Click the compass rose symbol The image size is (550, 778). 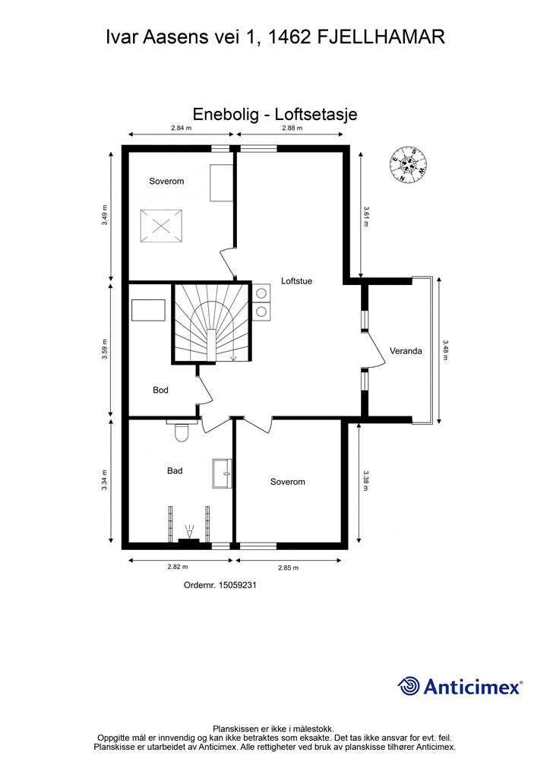point(408,165)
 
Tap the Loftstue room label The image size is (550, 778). point(296,280)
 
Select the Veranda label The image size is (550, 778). point(405,351)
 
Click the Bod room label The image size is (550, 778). point(160,390)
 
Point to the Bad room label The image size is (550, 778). point(175,470)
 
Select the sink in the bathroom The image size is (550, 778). point(223,475)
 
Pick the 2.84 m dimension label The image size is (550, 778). point(181,128)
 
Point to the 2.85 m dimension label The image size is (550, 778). point(288,567)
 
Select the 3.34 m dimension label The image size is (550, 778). point(106,480)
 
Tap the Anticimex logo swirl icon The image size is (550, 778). point(409,686)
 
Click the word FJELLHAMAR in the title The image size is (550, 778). point(380,37)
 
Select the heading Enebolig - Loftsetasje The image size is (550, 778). point(274,114)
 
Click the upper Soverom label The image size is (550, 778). point(166,182)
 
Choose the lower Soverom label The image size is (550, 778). point(287,482)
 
